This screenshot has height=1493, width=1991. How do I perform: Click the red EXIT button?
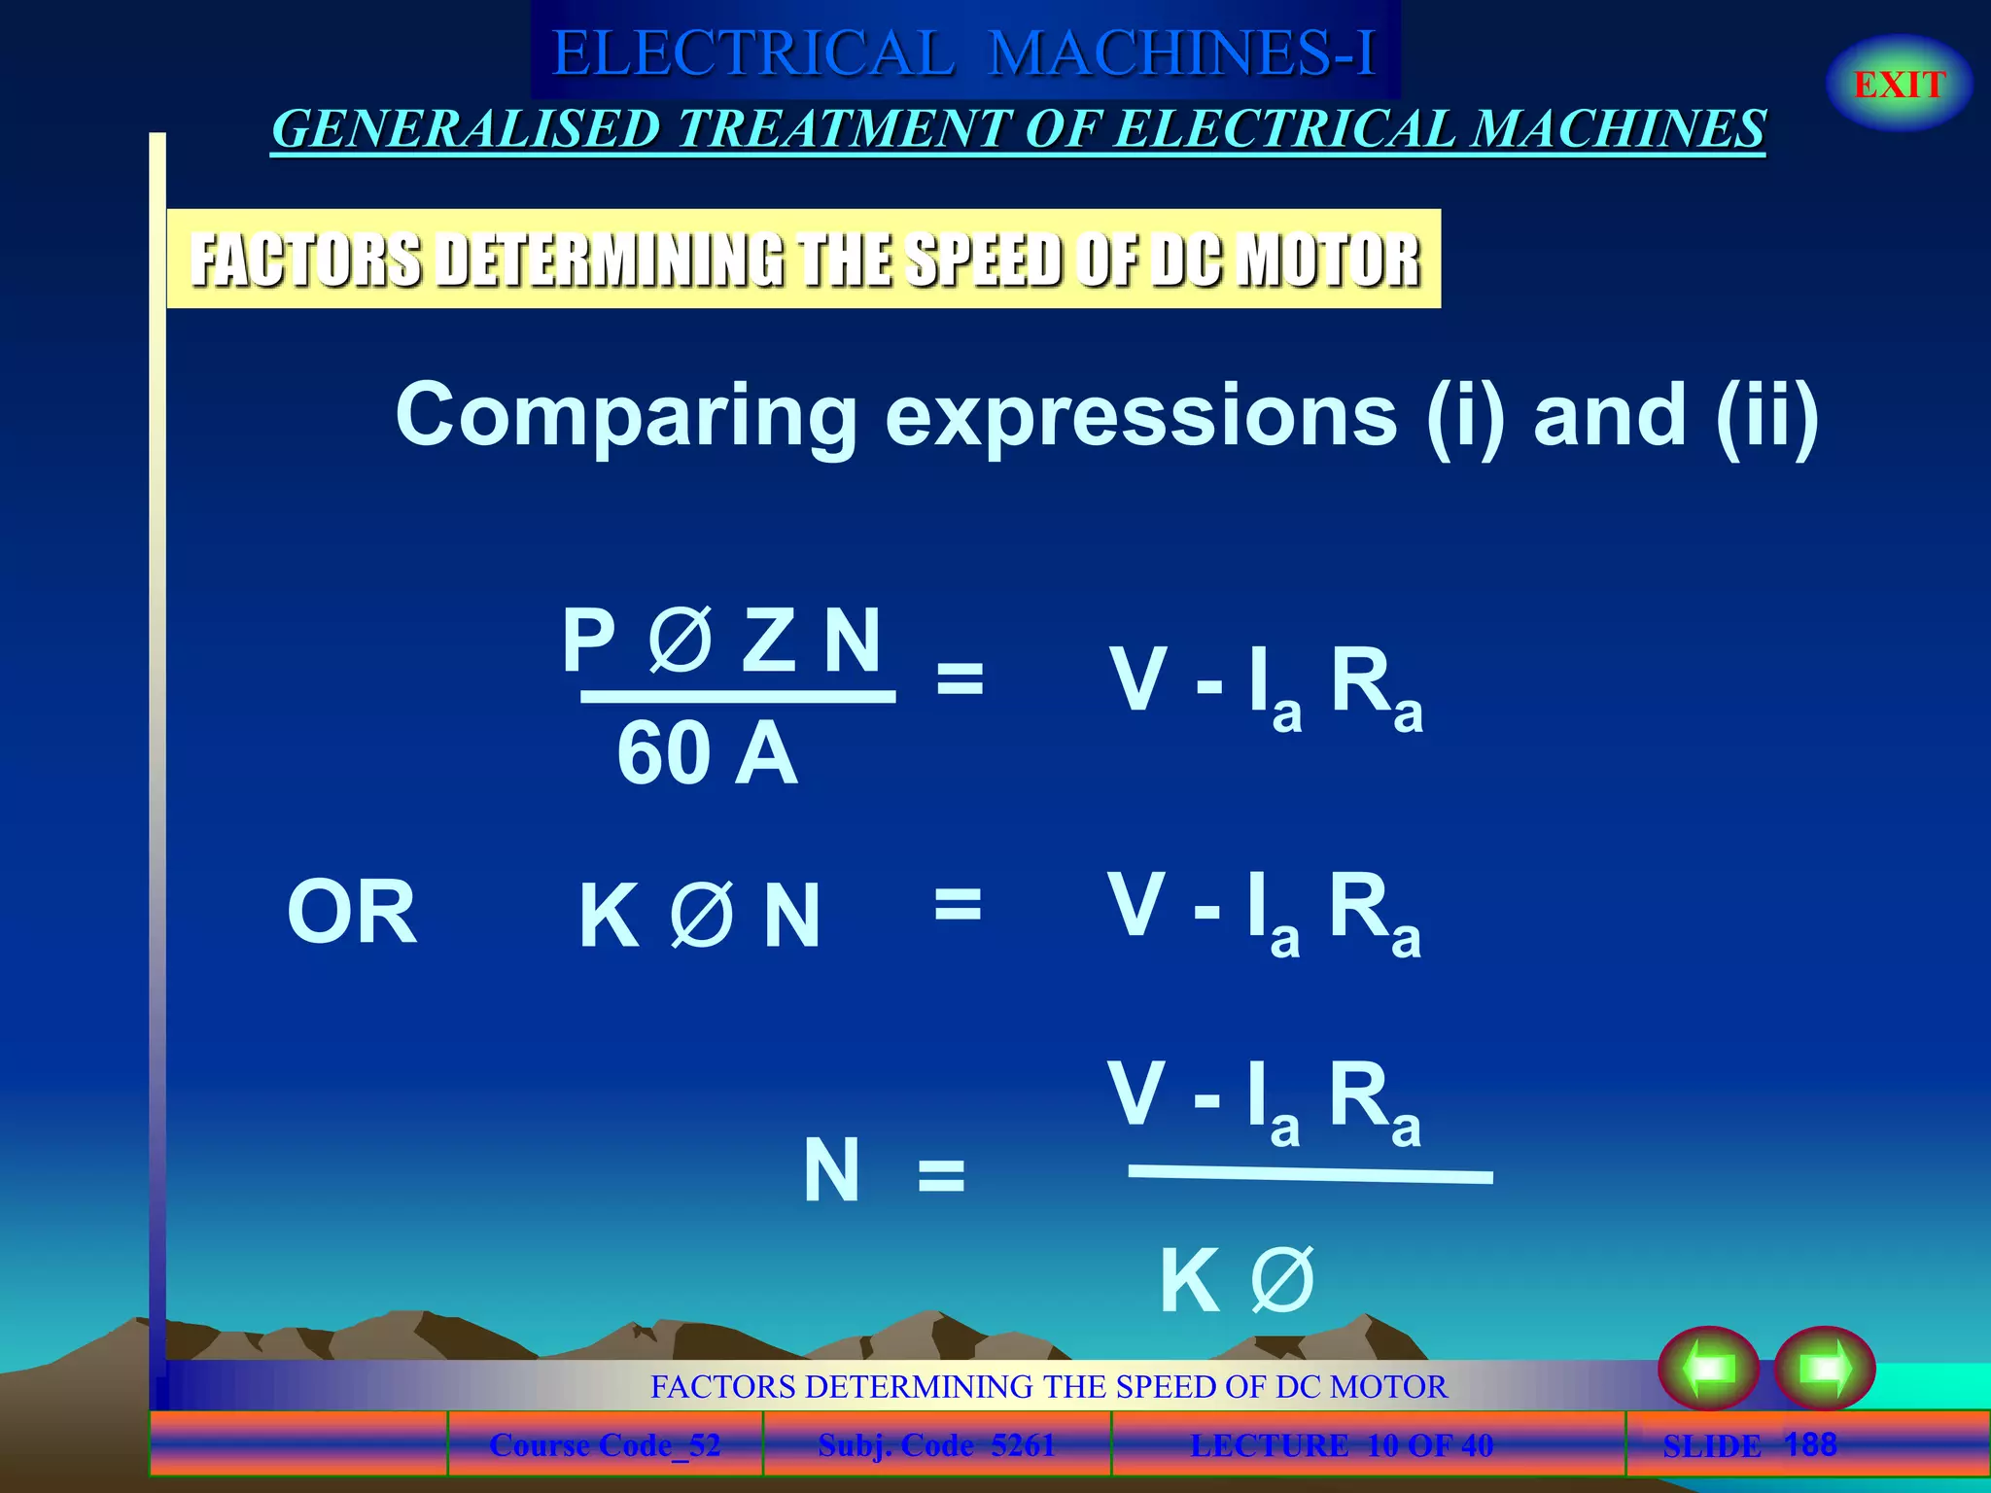(x=1899, y=85)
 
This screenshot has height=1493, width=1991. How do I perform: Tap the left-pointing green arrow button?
(x=1708, y=1369)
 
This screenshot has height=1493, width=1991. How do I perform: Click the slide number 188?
(x=1810, y=1444)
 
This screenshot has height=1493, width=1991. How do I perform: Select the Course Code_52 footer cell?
(x=605, y=1445)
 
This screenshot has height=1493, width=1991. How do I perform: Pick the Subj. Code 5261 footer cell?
(x=936, y=1445)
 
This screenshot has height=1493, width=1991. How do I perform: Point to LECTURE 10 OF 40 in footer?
(x=1342, y=1445)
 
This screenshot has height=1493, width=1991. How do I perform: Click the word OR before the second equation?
(x=352, y=912)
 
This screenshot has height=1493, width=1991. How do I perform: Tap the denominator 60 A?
(x=707, y=754)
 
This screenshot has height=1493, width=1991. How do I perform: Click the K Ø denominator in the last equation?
(x=1237, y=1281)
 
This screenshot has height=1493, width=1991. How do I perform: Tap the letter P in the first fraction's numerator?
(x=588, y=640)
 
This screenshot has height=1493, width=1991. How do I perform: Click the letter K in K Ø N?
(x=609, y=916)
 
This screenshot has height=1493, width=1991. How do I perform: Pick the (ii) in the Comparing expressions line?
(x=1766, y=416)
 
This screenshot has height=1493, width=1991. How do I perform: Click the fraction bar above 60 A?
(x=738, y=696)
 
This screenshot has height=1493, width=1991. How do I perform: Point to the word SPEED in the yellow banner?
(x=982, y=260)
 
